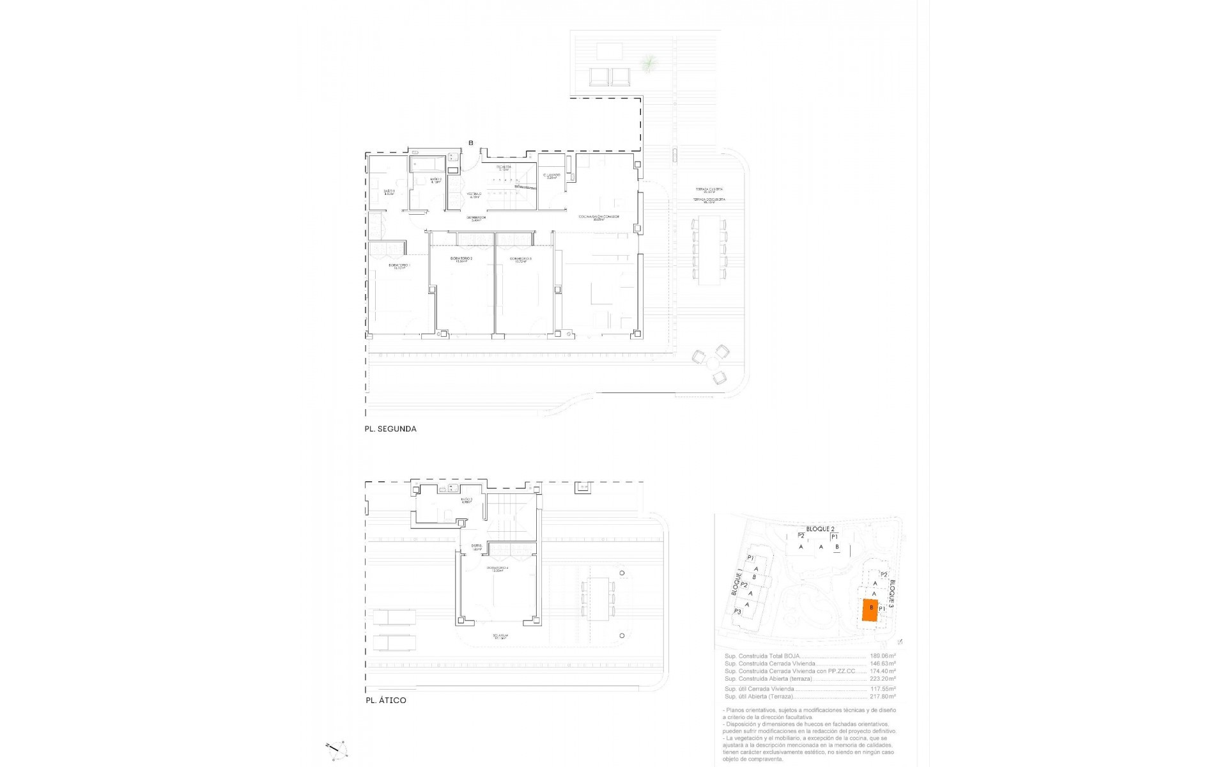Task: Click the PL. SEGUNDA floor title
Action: tap(390, 429)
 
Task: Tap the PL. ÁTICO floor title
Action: tap(385, 701)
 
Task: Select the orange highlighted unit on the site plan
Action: tap(869, 610)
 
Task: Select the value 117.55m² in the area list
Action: tap(883, 689)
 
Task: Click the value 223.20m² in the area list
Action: tap(883, 679)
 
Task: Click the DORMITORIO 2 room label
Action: tap(461, 259)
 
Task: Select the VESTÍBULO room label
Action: tap(474, 194)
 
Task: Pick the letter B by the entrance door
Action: tap(471, 143)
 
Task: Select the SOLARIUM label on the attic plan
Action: tap(500, 636)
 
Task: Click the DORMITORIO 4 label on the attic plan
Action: tap(497, 568)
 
